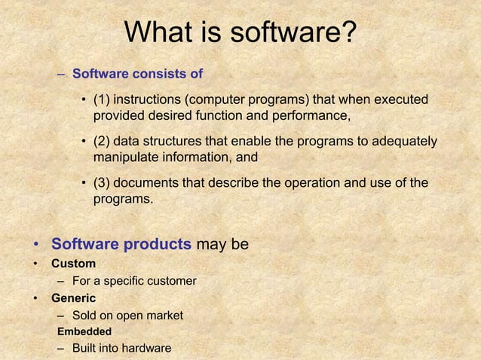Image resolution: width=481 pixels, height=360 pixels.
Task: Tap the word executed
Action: point(400,100)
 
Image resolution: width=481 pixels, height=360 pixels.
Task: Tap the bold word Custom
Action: point(73,264)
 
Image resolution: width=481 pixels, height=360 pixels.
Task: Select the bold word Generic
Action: point(73,298)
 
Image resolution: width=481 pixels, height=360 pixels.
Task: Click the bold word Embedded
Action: point(84,331)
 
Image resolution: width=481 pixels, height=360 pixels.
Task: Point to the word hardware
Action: point(146,348)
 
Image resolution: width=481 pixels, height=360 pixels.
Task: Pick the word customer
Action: point(169,281)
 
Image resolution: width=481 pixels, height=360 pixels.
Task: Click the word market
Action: point(163,316)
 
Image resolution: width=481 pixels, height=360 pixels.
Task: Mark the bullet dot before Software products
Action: point(35,246)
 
